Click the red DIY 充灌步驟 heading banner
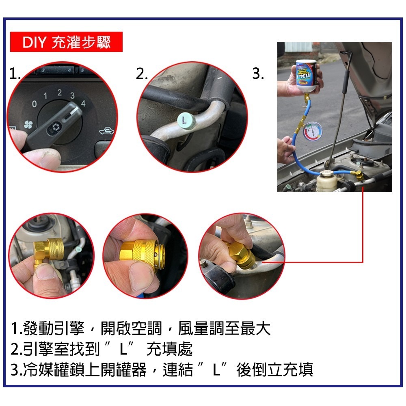click(x=66, y=42)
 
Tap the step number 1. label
click(x=15, y=74)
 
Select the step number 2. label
click(x=142, y=74)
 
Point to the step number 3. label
click(x=258, y=74)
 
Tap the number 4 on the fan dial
click(x=83, y=104)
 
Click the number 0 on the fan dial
click(x=34, y=105)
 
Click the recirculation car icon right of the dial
click(x=106, y=131)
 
